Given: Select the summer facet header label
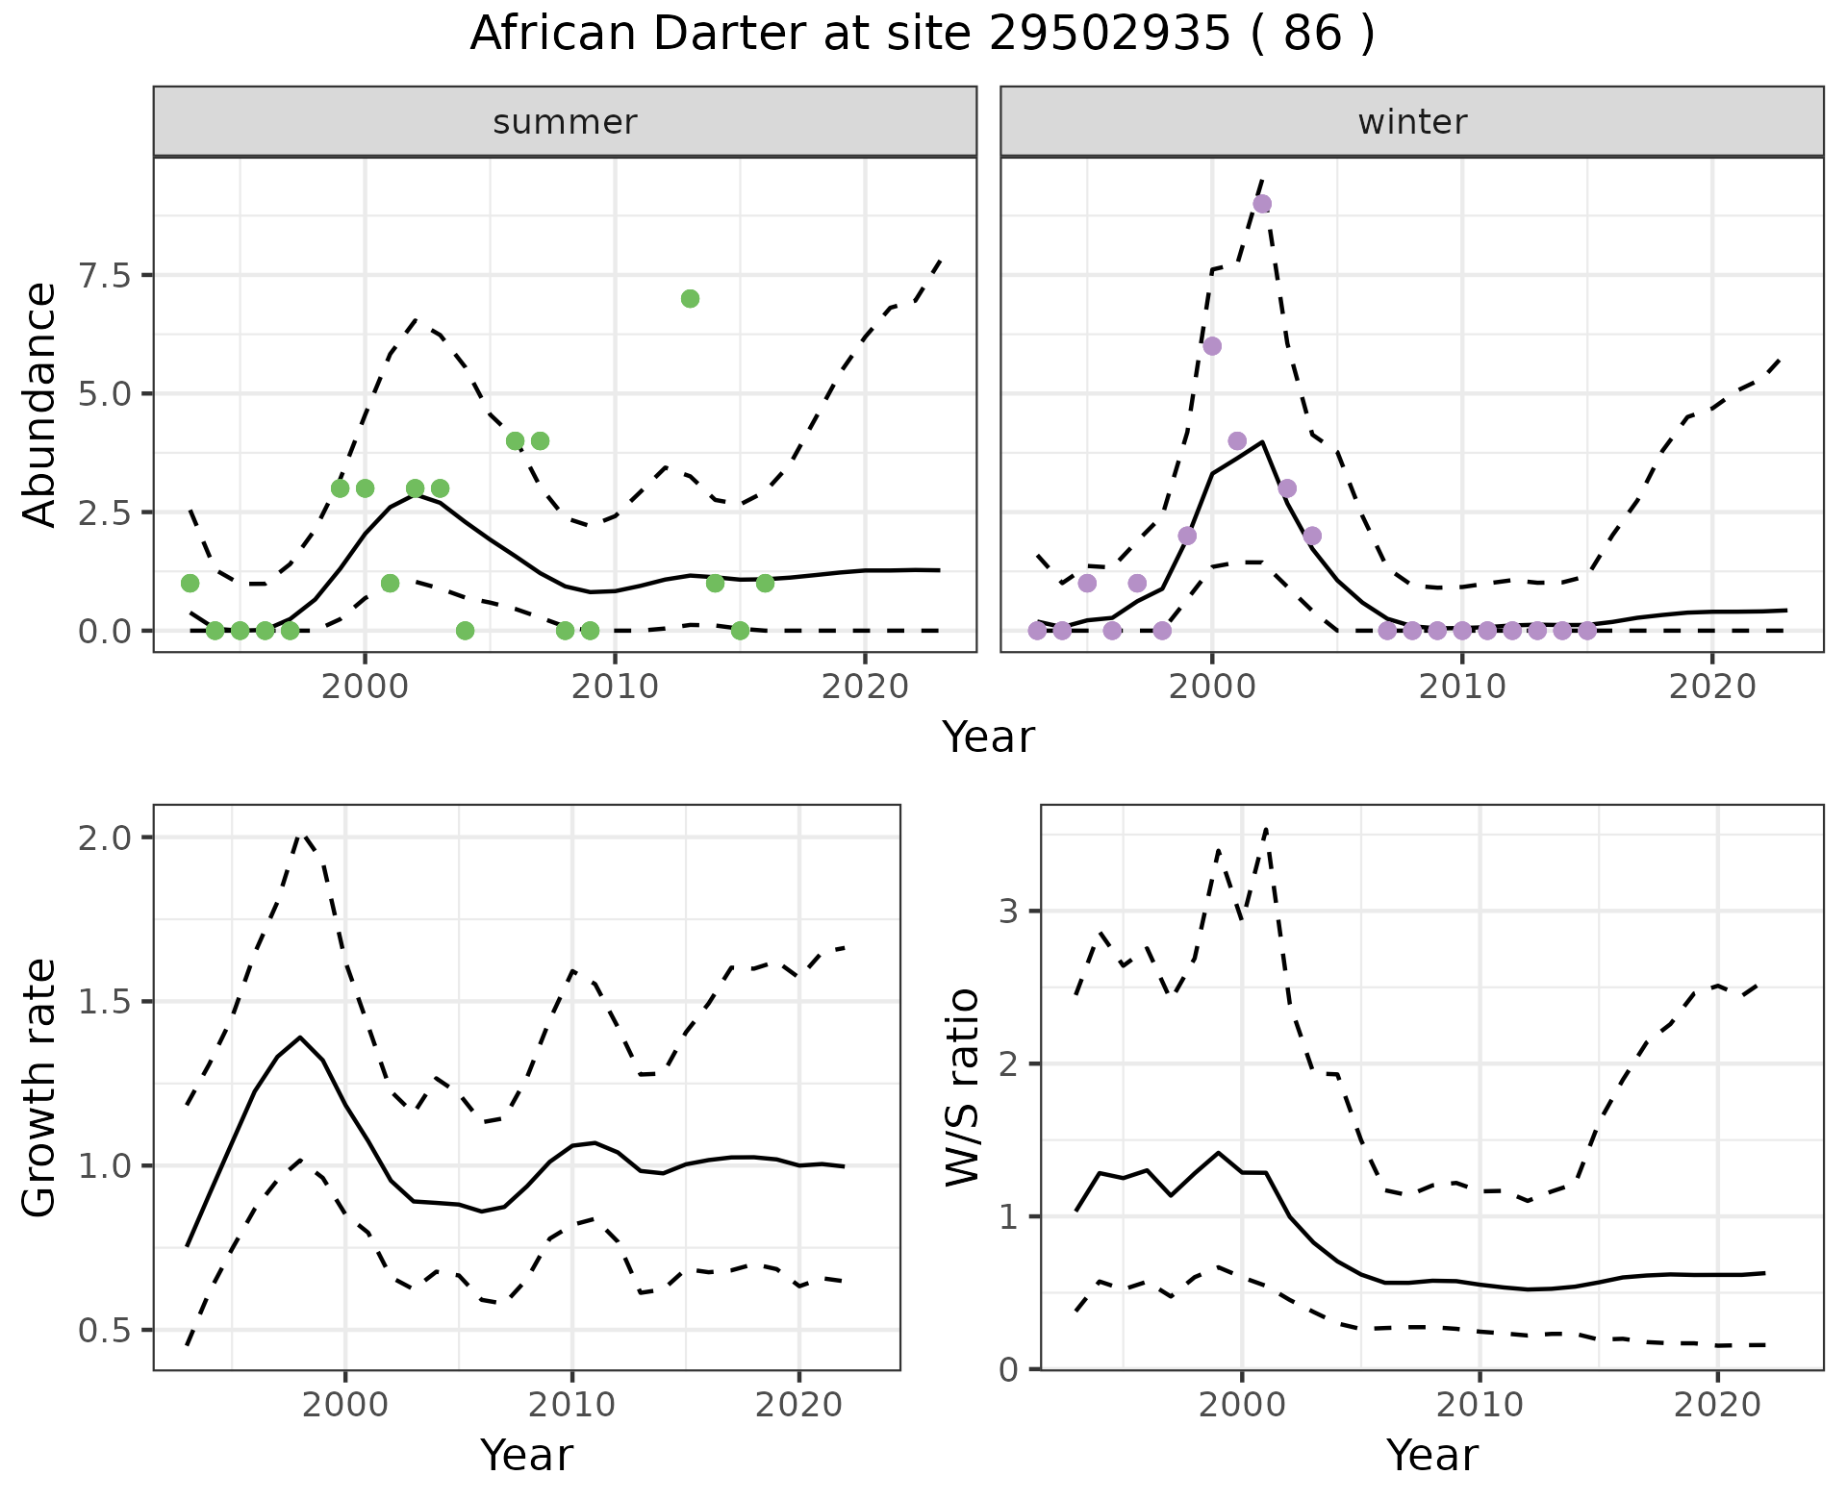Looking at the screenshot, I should [x=565, y=122].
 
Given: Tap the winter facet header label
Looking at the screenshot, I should [x=1412, y=122].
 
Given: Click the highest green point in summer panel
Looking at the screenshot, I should [x=690, y=298].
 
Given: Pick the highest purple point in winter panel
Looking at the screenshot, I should [x=1262, y=204].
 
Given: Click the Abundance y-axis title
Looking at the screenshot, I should [x=40, y=404].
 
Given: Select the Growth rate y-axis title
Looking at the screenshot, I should [x=40, y=1088].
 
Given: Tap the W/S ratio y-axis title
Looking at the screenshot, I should [x=962, y=1088].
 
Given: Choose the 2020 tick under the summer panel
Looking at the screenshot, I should [x=865, y=687].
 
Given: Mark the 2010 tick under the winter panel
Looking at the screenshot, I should [x=1462, y=687].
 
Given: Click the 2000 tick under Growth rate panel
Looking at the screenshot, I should [x=345, y=1405].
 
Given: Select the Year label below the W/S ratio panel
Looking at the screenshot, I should [x=1431, y=1455].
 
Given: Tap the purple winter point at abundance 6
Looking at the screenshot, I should [x=1212, y=346].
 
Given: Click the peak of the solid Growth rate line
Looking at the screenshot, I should [x=300, y=1037].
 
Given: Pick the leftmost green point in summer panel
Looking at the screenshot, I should [x=190, y=583].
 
